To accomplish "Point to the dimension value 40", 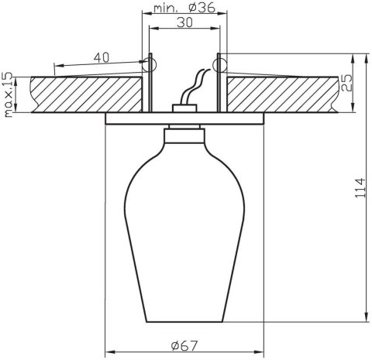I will [x=100, y=58].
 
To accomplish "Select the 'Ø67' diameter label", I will [x=183, y=344].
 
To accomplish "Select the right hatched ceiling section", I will [x=279, y=93].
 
